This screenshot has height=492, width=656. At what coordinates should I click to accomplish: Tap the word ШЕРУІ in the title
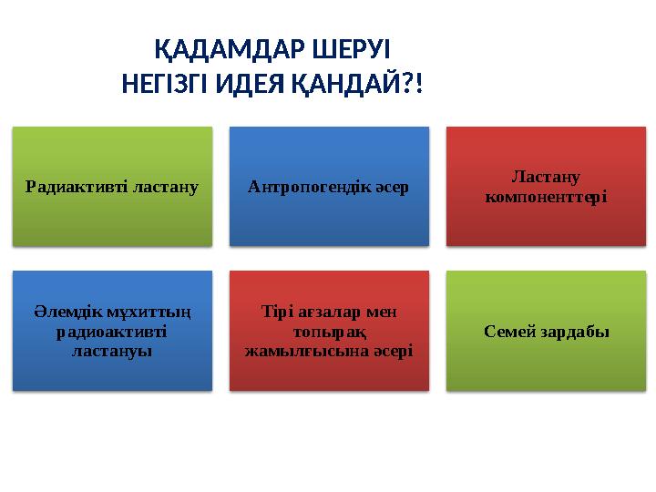pyautogui.click(x=356, y=49)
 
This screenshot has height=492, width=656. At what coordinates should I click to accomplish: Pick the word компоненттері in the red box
pyautogui.click(x=547, y=196)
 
